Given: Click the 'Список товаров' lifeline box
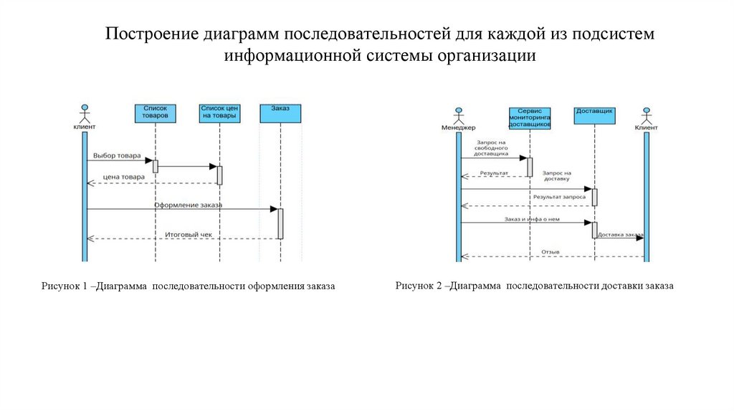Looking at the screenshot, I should pyautogui.click(x=155, y=112).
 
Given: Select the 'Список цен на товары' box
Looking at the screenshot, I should pyautogui.click(x=219, y=112).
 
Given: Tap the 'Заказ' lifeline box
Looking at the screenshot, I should pyautogui.click(x=280, y=113).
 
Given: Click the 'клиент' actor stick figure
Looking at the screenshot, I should pyautogui.click(x=84, y=115).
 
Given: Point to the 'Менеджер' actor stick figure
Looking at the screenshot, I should pyautogui.click(x=458, y=116).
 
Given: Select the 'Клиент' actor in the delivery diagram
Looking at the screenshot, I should pyautogui.click(x=646, y=116).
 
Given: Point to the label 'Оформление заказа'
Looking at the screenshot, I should pyautogui.click(x=188, y=205).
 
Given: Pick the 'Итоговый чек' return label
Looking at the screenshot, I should pyautogui.click(x=189, y=233).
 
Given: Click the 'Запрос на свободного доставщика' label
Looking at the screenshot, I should pyautogui.click(x=492, y=148).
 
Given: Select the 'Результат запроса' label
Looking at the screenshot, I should pyautogui.click(x=559, y=196).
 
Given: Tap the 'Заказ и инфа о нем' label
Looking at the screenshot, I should pyautogui.click(x=531, y=219).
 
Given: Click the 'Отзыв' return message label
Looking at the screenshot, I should pyautogui.click(x=550, y=251).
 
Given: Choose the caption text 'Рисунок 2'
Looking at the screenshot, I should pyautogui.click(x=419, y=286).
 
